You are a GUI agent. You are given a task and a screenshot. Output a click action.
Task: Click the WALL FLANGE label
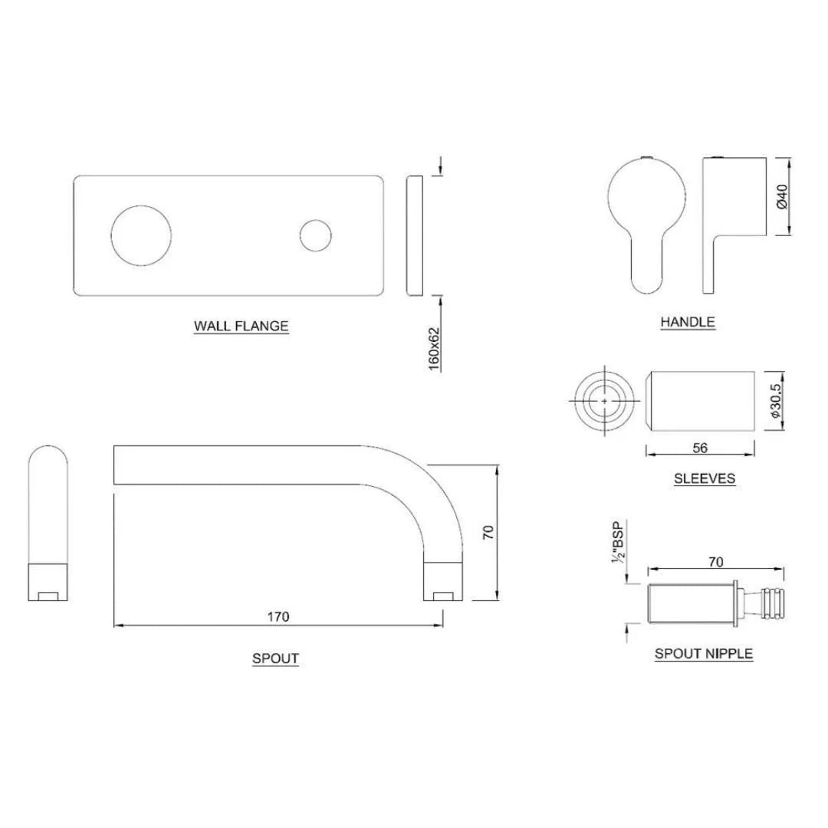241,326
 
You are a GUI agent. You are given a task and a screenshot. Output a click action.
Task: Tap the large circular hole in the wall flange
141,235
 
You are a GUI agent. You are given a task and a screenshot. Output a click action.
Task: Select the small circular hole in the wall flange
316,235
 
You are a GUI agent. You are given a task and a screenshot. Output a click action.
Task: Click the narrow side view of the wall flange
413,235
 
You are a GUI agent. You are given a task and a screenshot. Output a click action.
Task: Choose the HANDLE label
688,322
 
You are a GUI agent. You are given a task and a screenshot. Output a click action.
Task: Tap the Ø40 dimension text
783,196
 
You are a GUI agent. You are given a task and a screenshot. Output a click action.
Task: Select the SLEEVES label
704,478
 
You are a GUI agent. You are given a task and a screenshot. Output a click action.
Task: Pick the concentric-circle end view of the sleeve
606,401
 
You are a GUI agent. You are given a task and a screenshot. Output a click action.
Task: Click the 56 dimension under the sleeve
700,449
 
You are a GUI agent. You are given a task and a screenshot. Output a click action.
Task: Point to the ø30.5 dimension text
775,401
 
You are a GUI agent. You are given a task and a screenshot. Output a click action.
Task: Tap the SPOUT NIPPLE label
703,654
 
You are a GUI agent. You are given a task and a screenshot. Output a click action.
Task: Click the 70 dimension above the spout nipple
715,562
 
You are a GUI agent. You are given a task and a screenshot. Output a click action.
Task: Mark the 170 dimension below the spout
278,616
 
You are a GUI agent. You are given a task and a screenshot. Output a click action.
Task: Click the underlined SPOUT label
275,658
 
